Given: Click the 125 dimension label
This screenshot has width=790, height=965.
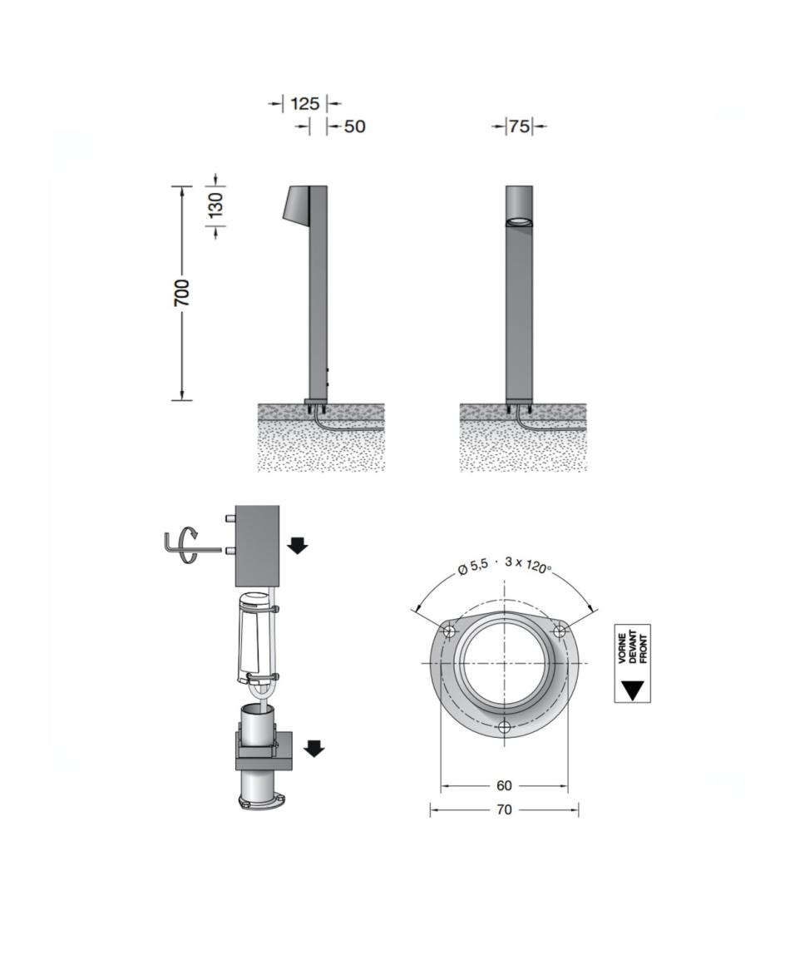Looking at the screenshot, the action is coord(305,103).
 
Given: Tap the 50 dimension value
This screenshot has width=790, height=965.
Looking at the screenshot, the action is coord(355,126).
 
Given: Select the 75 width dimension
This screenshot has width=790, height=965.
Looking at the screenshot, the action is coord(519,126).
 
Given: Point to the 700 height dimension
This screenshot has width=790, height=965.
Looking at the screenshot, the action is coord(182,293).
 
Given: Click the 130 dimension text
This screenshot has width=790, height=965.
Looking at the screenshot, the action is coord(215,205).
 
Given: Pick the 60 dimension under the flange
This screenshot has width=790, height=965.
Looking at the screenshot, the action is coord(504,786).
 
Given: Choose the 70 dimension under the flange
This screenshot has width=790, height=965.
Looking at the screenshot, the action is coord(504,810).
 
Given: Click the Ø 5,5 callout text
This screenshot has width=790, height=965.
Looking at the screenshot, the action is coord(472,567).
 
